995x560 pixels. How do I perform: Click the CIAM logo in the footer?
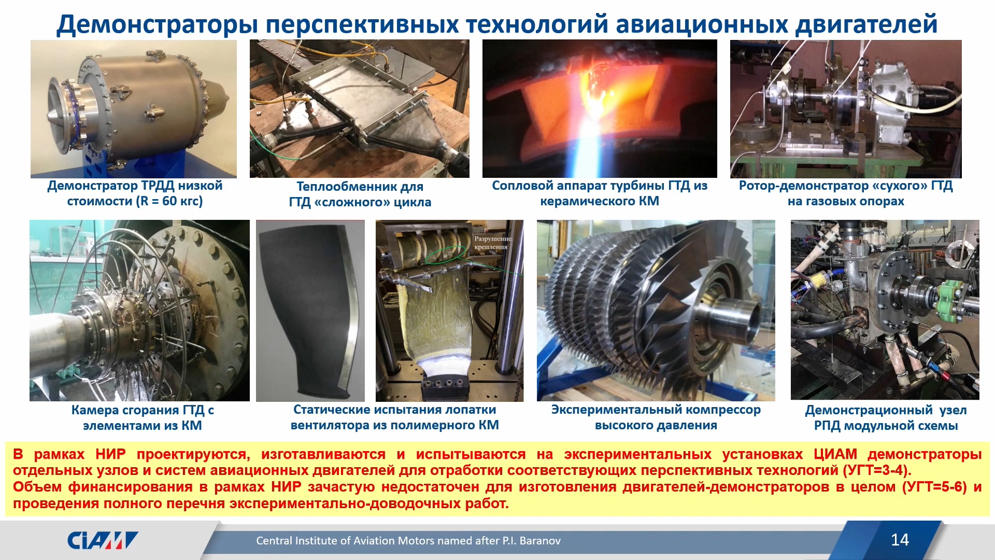[x=103, y=540]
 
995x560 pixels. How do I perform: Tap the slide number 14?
[x=900, y=540]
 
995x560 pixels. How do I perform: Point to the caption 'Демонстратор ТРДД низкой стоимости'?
[x=135, y=193]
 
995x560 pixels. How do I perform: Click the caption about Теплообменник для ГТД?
[x=360, y=194]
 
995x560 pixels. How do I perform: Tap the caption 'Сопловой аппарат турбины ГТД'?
[x=600, y=193]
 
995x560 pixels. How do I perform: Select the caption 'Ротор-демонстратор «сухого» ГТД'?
[x=846, y=193]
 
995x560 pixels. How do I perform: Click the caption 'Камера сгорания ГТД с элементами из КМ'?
[x=143, y=417]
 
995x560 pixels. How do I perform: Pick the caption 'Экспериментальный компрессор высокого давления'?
[x=656, y=417]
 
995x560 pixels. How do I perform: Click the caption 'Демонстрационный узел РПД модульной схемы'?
[x=886, y=417]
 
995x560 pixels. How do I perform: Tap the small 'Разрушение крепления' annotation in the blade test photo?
[x=492, y=243]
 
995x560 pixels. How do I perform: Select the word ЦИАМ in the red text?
[x=835, y=454]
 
